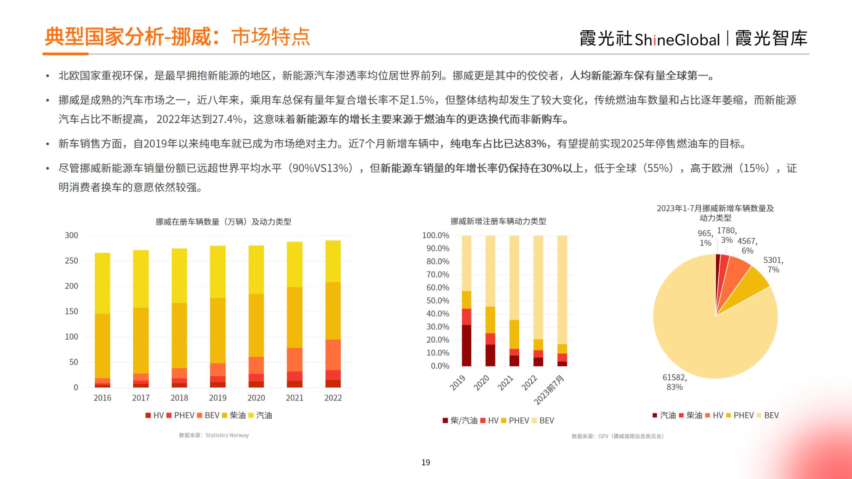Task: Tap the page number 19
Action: (426, 462)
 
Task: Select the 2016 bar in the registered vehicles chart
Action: (102, 320)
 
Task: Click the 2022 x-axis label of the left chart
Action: (333, 398)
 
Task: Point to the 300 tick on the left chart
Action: (72, 235)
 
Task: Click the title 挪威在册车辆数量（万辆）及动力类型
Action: (223, 222)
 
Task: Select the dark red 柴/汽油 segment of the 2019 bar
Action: (466, 345)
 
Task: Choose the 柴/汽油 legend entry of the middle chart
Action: (460, 421)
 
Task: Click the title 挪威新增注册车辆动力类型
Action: (498, 221)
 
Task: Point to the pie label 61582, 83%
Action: (674, 382)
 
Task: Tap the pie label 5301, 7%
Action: (773, 265)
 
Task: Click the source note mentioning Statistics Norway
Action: (214, 435)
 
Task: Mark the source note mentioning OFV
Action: (618, 436)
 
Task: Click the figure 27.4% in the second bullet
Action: (227, 120)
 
